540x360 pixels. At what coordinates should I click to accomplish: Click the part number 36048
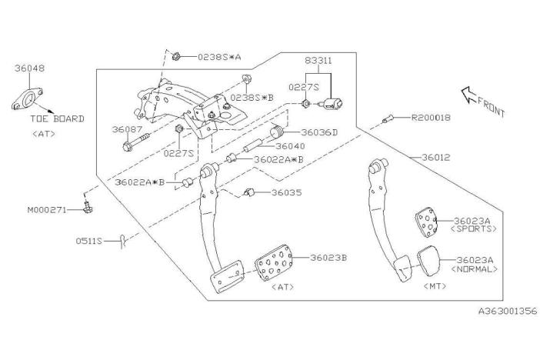click(x=29, y=68)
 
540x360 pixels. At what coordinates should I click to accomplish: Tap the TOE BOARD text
click(x=58, y=119)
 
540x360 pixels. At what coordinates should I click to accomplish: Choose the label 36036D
click(x=319, y=132)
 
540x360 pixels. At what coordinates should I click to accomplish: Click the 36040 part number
click(x=290, y=146)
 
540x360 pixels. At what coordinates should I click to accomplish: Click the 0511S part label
click(x=88, y=240)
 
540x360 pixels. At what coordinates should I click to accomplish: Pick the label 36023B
click(x=327, y=257)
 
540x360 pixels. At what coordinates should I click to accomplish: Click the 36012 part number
click(x=435, y=157)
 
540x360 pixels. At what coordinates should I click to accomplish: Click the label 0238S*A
click(x=218, y=56)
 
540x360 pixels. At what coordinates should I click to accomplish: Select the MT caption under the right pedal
click(x=436, y=285)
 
